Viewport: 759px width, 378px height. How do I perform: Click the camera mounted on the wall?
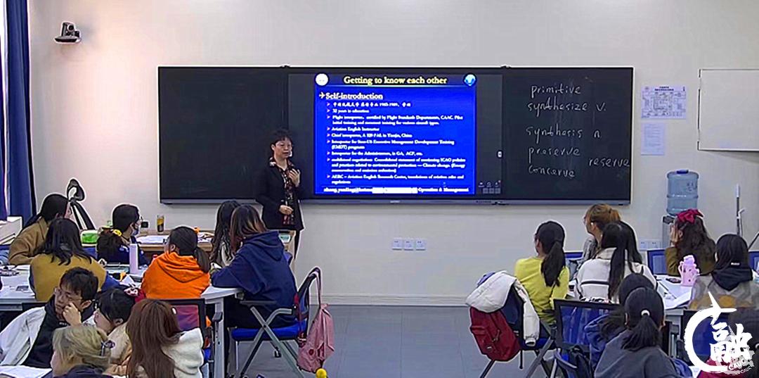click(x=67, y=32)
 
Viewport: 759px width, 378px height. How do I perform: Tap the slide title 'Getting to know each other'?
click(x=394, y=80)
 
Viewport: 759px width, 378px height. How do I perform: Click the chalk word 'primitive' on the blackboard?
click(x=555, y=90)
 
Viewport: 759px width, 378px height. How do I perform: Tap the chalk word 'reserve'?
click(x=608, y=162)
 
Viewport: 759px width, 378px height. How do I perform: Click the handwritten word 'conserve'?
click(x=552, y=170)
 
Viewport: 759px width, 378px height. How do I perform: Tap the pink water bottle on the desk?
click(x=689, y=270)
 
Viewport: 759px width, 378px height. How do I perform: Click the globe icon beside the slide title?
click(x=469, y=80)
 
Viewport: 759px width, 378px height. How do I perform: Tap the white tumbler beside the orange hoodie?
click(x=134, y=258)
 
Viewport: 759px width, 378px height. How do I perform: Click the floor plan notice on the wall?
click(x=663, y=102)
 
